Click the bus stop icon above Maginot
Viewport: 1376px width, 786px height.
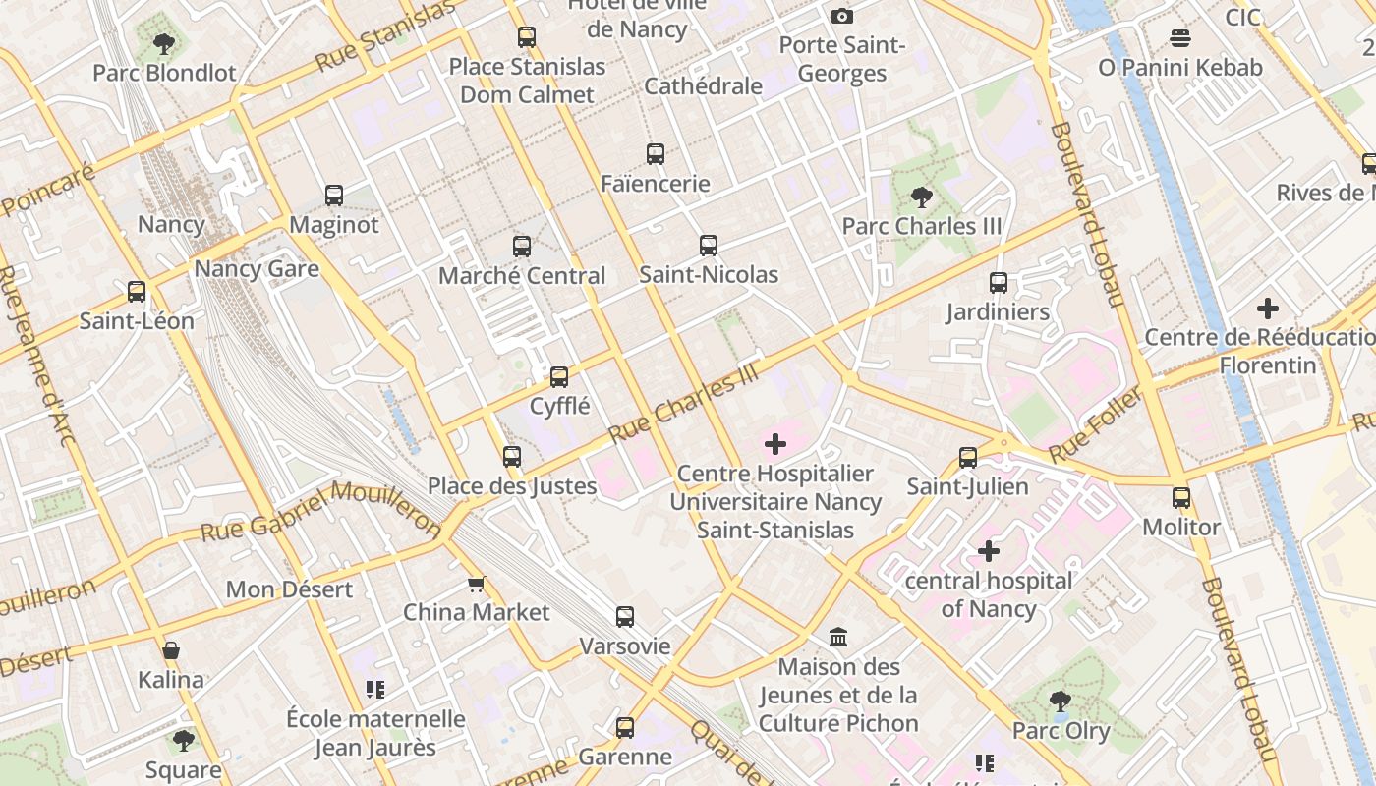[x=334, y=196]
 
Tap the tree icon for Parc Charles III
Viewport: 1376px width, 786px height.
[x=921, y=197]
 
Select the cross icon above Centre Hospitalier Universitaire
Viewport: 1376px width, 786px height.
[x=775, y=444]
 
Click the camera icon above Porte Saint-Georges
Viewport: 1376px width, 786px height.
[x=842, y=16]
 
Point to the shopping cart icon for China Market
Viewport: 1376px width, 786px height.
[x=477, y=585]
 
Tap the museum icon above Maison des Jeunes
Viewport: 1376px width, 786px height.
[x=838, y=638]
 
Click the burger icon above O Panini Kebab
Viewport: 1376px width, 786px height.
[x=1180, y=38]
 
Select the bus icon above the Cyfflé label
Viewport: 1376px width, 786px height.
[x=559, y=376]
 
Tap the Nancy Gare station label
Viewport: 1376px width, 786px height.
[x=257, y=269]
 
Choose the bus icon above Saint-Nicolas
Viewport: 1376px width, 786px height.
[x=709, y=246]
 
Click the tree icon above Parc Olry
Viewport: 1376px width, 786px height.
[x=1060, y=702]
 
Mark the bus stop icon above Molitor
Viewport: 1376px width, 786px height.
[x=1181, y=498]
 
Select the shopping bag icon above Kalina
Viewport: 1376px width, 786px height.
[x=171, y=650]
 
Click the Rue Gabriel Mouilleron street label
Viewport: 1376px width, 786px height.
[x=321, y=511]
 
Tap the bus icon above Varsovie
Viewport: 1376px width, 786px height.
[x=625, y=617]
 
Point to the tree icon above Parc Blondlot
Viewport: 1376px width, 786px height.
[x=164, y=43]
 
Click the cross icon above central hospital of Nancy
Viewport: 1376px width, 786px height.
[x=989, y=551]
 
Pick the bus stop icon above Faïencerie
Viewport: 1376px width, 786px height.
[x=656, y=154]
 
